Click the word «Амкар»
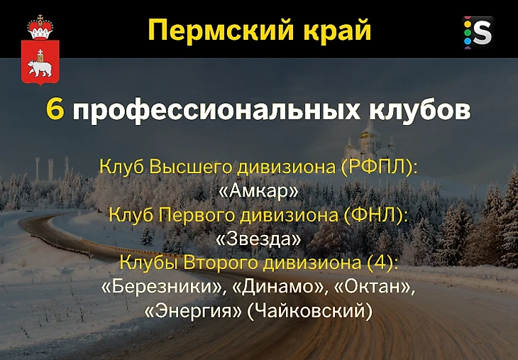(259, 191)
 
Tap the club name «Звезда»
(258, 239)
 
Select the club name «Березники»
(161, 287)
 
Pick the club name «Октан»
(373, 287)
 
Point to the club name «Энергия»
(193, 311)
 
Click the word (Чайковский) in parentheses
(310, 312)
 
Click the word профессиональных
(216, 110)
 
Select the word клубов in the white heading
(419, 109)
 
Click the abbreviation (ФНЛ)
(374, 216)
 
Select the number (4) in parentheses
(382, 263)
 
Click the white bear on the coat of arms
(40, 67)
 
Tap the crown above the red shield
(40, 27)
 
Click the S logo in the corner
(478, 33)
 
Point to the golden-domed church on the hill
(369, 141)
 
